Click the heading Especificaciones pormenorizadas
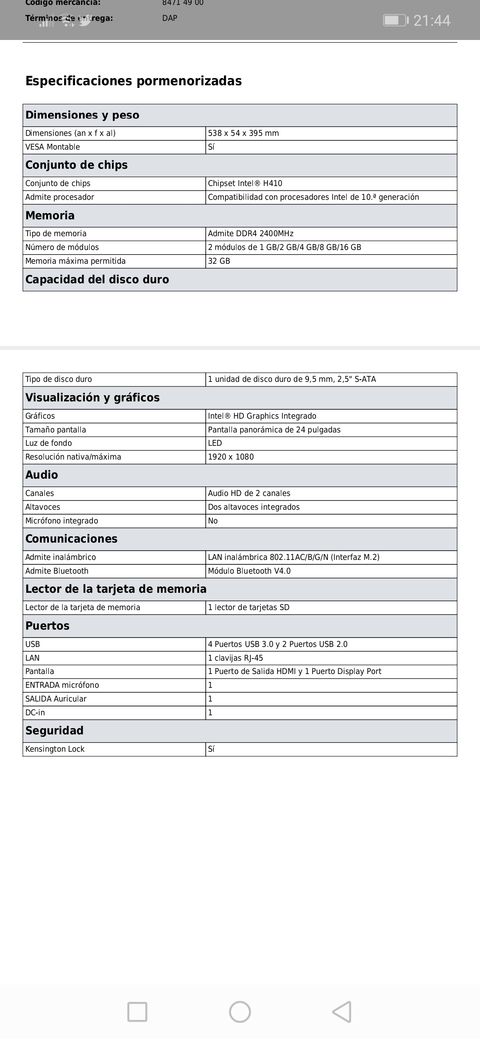coord(133,81)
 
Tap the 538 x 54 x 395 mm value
coord(243,133)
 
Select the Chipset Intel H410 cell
coord(245,183)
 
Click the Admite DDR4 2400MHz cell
coord(251,234)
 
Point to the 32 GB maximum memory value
coord(219,261)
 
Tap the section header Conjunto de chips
coord(76,165)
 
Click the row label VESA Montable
coord(52,147)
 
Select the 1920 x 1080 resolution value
coord(231,457)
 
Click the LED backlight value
coord(215,443)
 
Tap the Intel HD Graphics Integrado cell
coord(262,416)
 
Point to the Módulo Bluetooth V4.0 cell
coord(249,571)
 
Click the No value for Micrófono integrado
coord(213,521)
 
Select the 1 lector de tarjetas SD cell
coord(248,607)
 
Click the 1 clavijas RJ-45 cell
coord(236,658)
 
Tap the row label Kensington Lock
coord(55,749)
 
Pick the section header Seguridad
coord(54,731)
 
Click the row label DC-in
coord(35,713)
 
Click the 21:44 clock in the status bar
coord(432,20)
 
